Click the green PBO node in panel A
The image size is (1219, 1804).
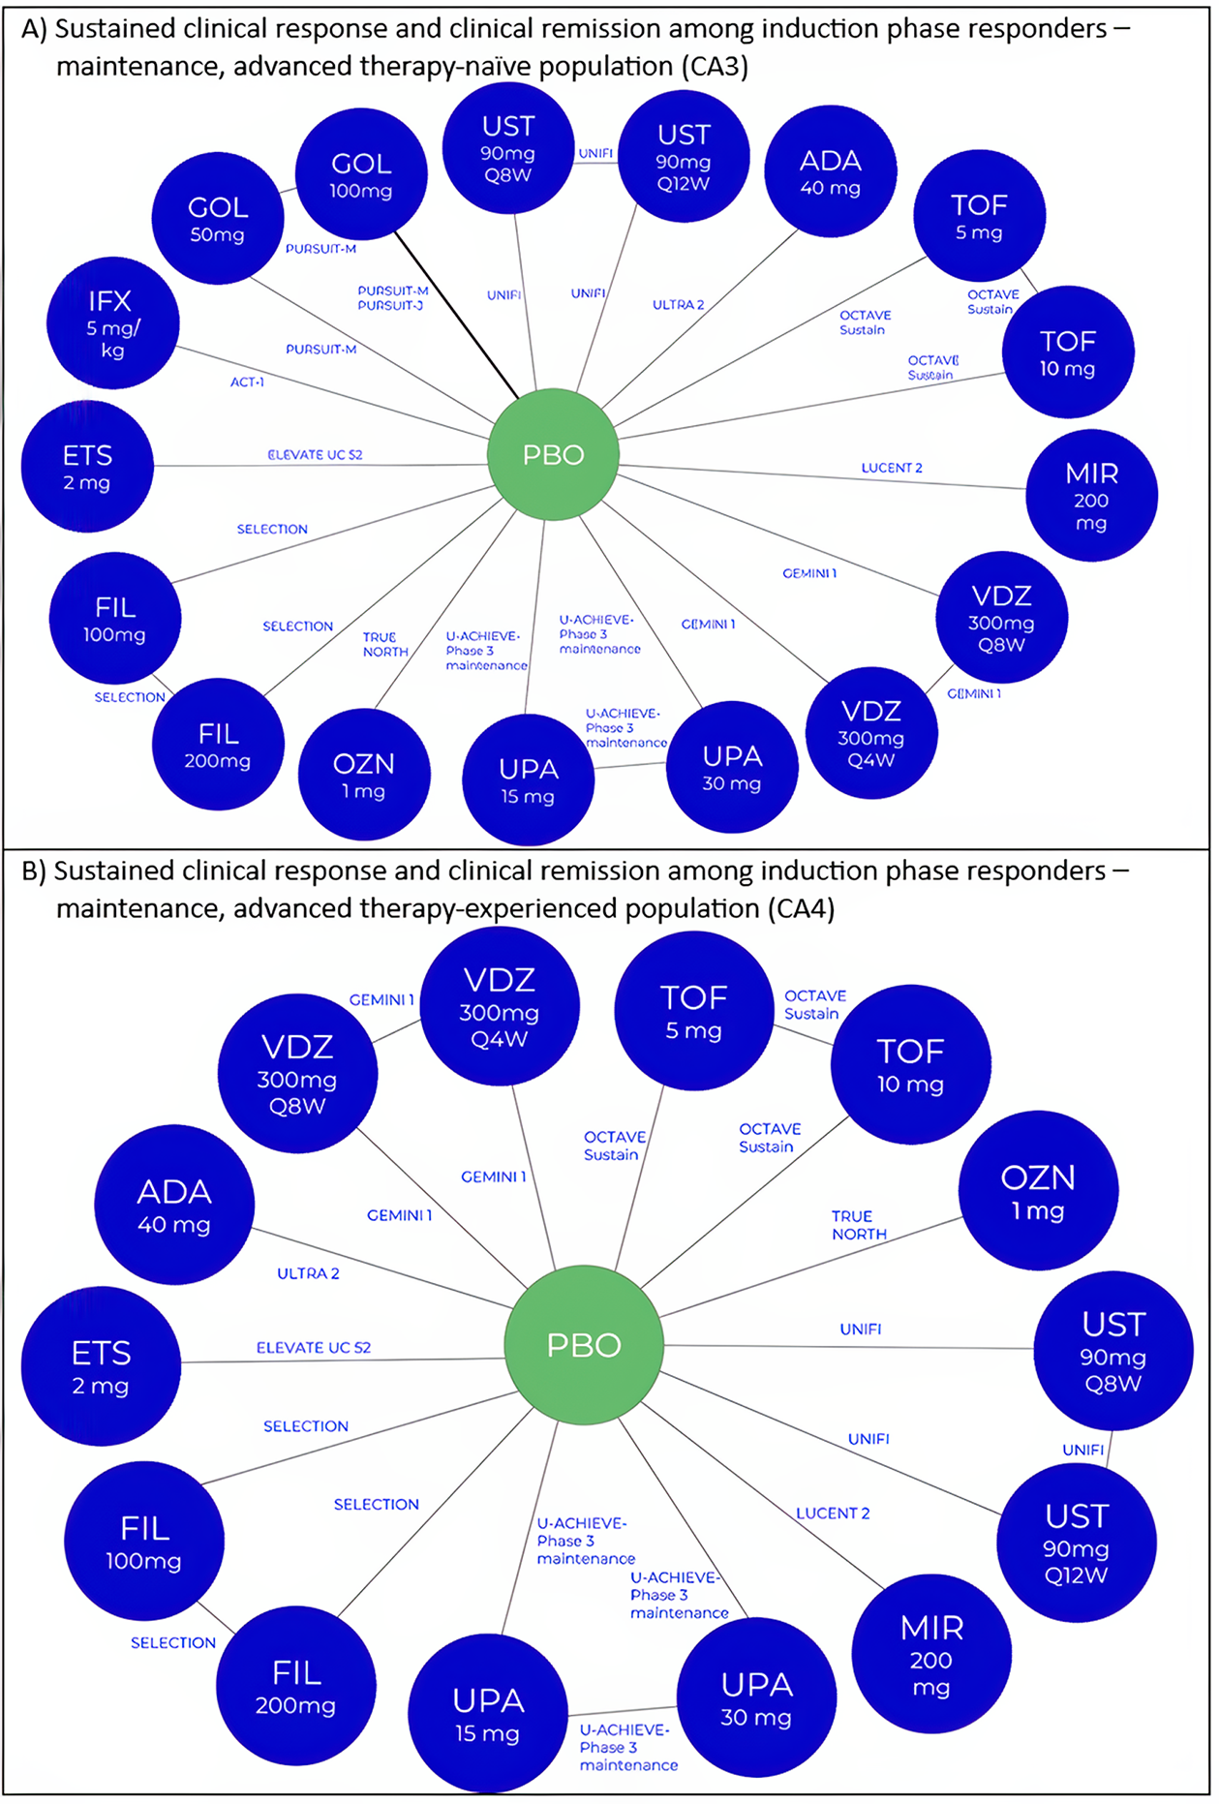click(x=553, y=454)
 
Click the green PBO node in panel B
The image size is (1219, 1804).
click(x=584, y=1344)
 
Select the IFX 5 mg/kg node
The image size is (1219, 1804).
click(x=112, y=323)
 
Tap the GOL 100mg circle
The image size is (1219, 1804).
click(x=360, y=174)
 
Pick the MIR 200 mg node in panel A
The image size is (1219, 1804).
click(x=1091, y=495)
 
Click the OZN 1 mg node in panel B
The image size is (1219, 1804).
click(x=1038, y=1190)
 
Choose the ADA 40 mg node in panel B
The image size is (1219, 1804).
click(x=174, y=1205)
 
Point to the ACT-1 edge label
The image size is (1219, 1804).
click(x=247, y=382)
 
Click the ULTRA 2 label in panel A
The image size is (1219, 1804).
click(x=678, y=305)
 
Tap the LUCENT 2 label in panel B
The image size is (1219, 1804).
click(x=833, y=1513)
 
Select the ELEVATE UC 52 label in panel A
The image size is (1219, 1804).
click(x=315, y=454)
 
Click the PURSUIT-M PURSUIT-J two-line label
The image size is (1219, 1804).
click(x=392, y=297)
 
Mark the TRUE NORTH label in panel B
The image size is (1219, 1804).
click(x=859, y=1225)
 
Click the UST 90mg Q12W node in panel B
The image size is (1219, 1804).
click(x=1076, y=1544)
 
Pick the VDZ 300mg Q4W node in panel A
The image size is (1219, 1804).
click(x=871, y=733)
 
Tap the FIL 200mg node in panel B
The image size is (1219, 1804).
click(x=296, y=1686)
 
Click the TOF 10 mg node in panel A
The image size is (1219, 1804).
click(x=1067, y=352)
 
